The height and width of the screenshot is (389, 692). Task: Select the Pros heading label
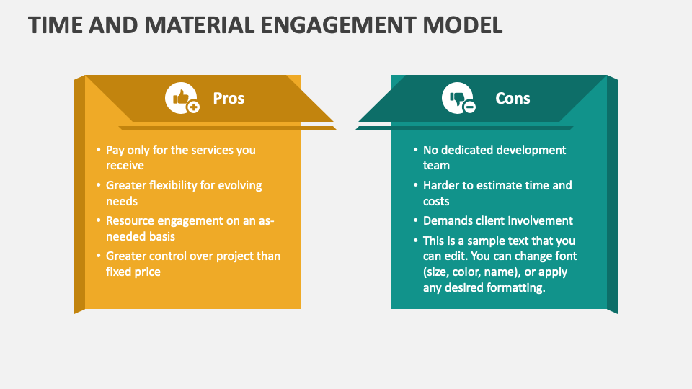229,98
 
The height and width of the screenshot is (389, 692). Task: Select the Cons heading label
513,98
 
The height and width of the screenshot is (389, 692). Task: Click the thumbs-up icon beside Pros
180,97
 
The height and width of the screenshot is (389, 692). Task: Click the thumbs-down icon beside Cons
457,97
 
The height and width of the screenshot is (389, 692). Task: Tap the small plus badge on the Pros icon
193,107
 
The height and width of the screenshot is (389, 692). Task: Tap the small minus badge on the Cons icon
469,107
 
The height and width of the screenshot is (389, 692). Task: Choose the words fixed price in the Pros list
133,272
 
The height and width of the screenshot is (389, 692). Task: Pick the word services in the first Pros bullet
212,150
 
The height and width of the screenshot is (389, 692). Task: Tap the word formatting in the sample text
516,287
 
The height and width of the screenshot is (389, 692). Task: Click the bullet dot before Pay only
99,150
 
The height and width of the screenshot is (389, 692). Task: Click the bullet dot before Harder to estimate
416,185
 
